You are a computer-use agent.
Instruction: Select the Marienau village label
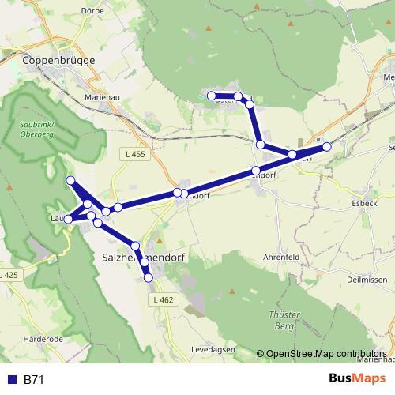pos(102,98)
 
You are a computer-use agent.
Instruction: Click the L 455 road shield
pos(135,154)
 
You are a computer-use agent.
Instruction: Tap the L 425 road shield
pos(8,275)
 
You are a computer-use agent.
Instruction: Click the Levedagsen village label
pos(214,349)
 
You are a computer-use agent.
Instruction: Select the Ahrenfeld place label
pos(280,256)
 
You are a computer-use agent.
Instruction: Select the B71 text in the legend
pos(34,380)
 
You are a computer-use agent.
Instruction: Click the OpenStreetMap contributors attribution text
pos(325,354)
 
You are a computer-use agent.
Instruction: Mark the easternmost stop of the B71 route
pos(327,146)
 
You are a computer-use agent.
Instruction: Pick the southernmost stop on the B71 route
pos(148,277)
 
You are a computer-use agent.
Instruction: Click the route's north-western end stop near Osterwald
pos(211,96)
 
